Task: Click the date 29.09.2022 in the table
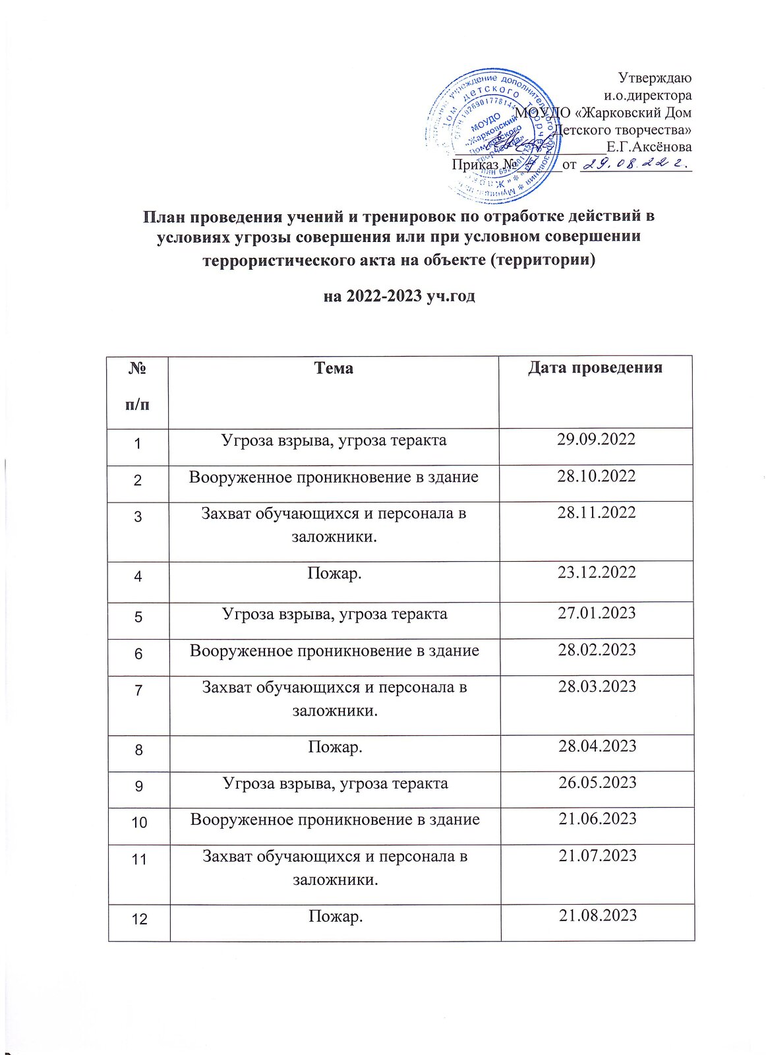596,440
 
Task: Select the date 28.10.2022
596,476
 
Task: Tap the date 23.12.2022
597,572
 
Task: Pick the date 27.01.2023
597,613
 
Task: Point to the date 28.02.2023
597,650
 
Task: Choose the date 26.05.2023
597,783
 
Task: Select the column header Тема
334,368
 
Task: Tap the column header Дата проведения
595,368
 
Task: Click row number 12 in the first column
139,918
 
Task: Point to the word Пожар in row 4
334,572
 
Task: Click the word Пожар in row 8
335,747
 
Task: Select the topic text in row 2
334,477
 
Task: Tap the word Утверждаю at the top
655,78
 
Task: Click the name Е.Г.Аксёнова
649,146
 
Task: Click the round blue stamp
491,135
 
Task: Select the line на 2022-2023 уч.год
399,296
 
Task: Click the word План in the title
164,216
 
